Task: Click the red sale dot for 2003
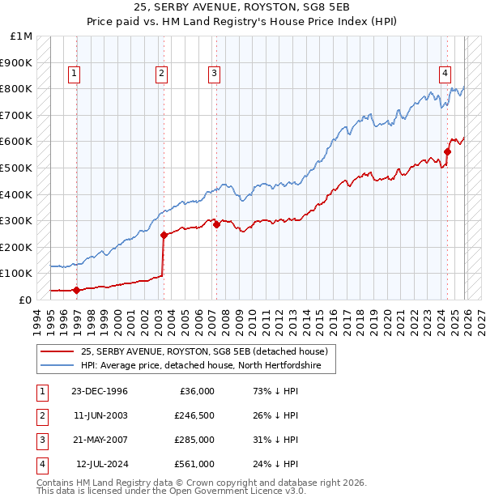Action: [x=164, y=235]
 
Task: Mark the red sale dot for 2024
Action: [x=447, y=151]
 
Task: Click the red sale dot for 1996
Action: [x=76, y=290]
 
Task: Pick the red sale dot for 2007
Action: [x=216, y=224]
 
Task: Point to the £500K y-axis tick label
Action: [x=16, y=168]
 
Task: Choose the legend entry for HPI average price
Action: [x=201, y=366]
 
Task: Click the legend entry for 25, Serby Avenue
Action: [x=203, y=351]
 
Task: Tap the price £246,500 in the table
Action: [x=194, y=415]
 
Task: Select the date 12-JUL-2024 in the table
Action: [x=101, y=464]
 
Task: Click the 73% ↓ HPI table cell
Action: [x=275, y=391]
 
